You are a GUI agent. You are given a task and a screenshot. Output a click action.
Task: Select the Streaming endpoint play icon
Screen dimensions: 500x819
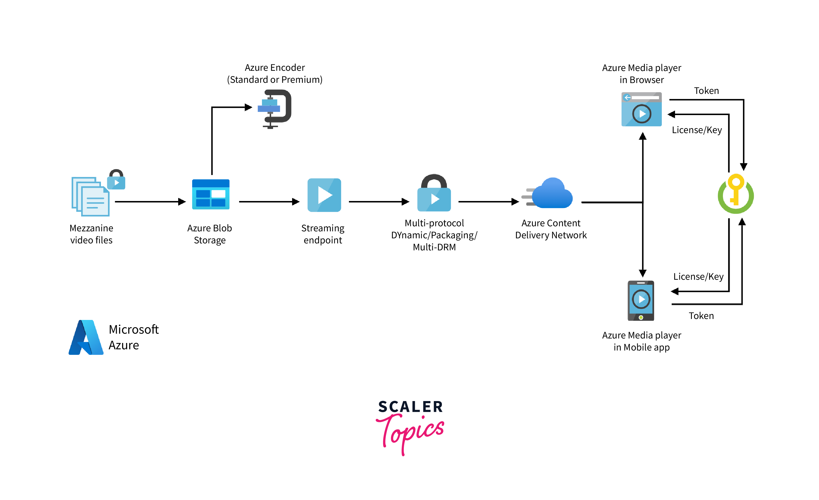(324, 195)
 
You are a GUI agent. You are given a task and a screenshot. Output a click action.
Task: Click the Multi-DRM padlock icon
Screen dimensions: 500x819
(434, 193)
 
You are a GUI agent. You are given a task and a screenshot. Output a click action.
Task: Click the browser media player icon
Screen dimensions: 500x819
(642, 109)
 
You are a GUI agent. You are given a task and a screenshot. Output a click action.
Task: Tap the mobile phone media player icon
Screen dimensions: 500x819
(641, 301)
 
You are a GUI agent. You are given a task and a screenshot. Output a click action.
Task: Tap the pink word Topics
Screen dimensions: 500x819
(411, 432)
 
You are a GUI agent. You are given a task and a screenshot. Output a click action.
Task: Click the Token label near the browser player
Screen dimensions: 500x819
(706, 91)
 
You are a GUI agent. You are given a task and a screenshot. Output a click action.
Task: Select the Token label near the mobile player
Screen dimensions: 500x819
(701, 316)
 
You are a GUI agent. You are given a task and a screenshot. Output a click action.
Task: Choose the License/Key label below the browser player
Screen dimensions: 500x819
(697, 130)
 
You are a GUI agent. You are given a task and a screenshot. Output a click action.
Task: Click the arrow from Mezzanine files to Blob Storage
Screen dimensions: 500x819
(150, 202)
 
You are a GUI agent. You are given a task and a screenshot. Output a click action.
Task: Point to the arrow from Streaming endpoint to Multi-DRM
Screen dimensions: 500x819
(379, 202)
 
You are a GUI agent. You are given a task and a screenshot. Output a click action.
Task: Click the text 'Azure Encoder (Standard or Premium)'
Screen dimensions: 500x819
(275, 73)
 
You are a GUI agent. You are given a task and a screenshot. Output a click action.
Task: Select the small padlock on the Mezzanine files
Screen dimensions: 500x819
(116, 180)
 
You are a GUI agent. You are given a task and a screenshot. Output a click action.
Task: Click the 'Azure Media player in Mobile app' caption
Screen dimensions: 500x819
(642, 341)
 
